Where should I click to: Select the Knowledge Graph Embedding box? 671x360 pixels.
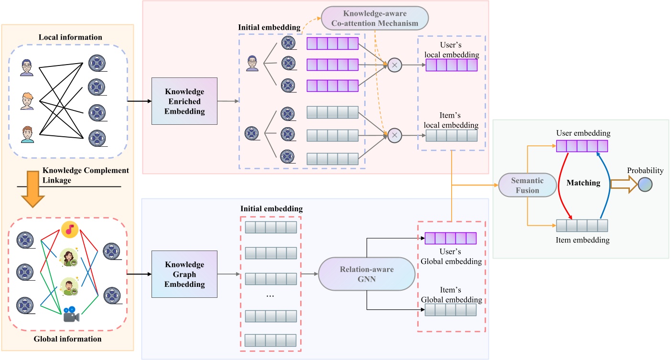coord(184,274)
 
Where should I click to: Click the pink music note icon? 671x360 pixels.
coord(70,230)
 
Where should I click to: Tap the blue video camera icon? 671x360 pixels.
coord(71,313)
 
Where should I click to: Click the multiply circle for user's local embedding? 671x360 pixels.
coord(394,65)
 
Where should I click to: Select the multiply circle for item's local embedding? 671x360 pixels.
coord(394,135)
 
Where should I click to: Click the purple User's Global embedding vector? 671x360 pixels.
coord(451,238)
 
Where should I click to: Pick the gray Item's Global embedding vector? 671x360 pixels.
coord(451,309)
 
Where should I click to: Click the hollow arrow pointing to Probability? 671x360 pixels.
coord(626,185)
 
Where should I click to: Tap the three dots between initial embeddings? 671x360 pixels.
coord(270,295)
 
